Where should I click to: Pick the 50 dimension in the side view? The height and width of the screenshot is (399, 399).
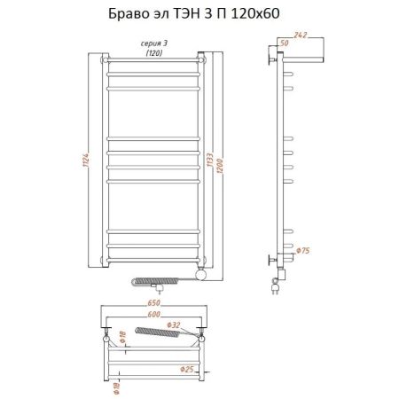[284, 43]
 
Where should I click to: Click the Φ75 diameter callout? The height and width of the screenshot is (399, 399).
[302, 251]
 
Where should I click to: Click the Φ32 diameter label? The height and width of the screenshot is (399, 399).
[176, 325]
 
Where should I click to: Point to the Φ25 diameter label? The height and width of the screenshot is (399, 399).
[185, 369]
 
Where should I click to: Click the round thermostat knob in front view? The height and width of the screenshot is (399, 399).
[203, 275]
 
